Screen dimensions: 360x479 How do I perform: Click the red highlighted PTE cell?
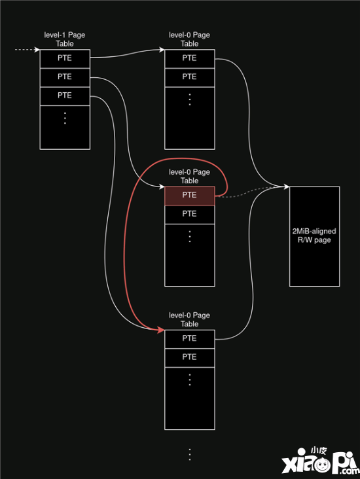tap(189, 196)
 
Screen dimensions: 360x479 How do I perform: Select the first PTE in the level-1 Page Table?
tap(65, 59)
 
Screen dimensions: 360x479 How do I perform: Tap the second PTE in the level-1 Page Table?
tap(65, 78)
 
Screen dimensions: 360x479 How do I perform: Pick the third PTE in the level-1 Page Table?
tap(65, 96)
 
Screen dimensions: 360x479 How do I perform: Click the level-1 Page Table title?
tap(65, 39)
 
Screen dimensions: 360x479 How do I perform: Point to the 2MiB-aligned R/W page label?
tap(314, 235)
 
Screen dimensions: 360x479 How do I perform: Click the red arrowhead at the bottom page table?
tap(161, 329)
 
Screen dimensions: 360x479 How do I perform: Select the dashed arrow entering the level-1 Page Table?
tap(27, 50)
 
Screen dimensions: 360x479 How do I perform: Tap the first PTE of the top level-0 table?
tap(189, 59)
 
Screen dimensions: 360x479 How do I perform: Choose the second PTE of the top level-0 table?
tap(189, 78)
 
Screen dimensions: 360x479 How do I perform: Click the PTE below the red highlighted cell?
tap(189, 215)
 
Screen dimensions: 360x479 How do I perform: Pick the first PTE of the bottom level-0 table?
tap(189, 339)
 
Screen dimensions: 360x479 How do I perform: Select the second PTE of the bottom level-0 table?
tap(189, 358)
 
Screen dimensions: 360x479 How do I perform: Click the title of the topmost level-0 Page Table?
tap(189, 39)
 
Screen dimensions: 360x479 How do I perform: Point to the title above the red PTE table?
tap(189, 176)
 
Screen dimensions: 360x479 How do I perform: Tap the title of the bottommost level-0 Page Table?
tap(189, 319)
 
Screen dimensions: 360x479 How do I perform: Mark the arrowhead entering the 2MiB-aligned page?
tap(286, 186)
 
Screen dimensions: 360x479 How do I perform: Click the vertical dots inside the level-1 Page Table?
tap(65, 118)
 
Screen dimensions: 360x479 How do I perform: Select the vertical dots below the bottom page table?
tap(190, 455)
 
